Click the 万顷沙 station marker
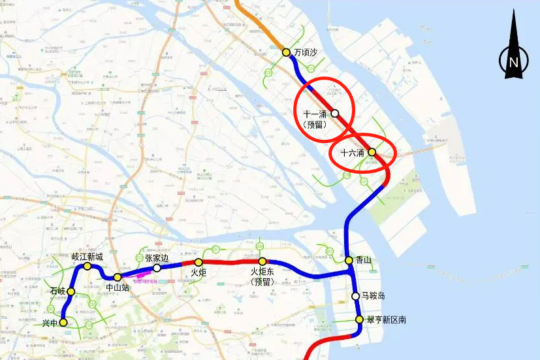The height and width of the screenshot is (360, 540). click(x=286, y=52)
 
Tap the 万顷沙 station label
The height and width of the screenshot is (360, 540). click(x=305, y=52)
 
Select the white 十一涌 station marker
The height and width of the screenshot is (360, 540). click(x=335, y=113)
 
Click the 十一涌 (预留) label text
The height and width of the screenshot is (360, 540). click(x=315, y=119)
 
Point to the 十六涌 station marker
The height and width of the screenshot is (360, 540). click(x=372, y=152)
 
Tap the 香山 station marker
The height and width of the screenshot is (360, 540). click(x=349, y=261)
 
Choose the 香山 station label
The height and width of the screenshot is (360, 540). click(x=364, y=260)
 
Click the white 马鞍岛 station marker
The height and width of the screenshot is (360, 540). click(x=356, y=296)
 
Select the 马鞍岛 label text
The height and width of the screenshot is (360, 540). click(x=373, y=296)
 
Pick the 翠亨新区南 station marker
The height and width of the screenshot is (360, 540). click(x=359, y=319)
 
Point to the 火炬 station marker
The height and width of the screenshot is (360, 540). click(x=199, y=262)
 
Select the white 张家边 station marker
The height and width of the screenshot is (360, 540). click(x=157, y=268)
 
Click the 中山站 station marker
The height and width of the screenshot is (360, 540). click(x=118, y=277)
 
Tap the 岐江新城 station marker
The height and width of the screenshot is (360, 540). click(x=87, y=267)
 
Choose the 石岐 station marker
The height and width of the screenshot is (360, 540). click(x=71, y=291)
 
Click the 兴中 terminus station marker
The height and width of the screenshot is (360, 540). click(x=63, y=322)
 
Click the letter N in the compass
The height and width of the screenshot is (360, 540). click(x=514, y=62)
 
